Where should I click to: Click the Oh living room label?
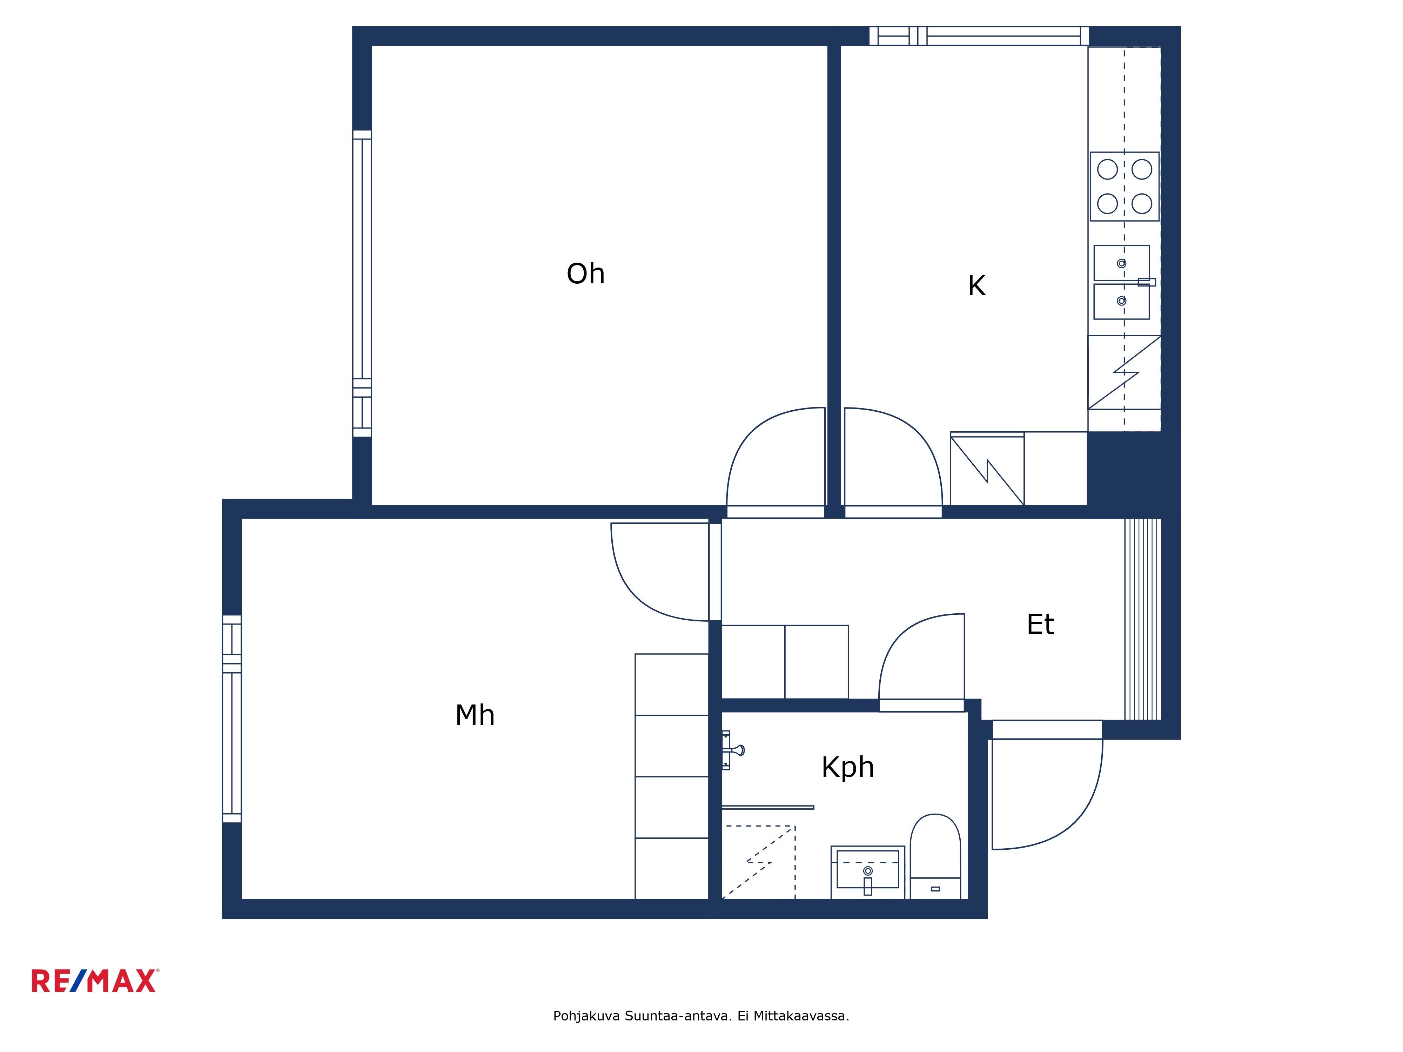[x=585, y=274]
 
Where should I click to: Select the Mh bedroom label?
[x=475, y=715]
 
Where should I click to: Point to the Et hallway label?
[x=1040, y=625]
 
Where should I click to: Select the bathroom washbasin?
[x=868, y=872]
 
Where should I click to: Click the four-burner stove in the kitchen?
[x=1125, y=187]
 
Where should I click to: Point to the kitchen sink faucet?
[x=1146, y=282]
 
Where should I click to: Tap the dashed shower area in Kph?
[x=759, y=862]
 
